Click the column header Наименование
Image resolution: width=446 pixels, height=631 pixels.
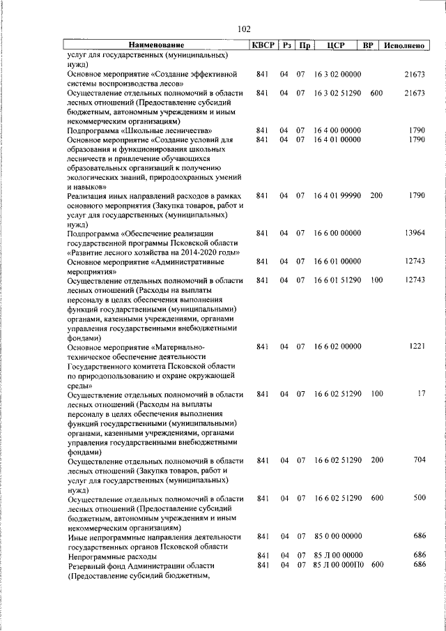tap(157, 46)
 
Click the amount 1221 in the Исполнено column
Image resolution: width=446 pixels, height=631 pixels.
tap(416, 346)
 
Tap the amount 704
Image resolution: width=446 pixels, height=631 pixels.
tap(418, 460)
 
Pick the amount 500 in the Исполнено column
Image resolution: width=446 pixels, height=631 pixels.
tap(418, 498)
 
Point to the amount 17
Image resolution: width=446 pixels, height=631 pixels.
tap(420, 394)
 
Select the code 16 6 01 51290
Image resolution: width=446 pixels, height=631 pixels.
tap(337, 280)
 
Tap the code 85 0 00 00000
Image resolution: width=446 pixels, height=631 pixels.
tap(337, 536)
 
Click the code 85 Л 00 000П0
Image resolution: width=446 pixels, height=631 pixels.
tap(337, 565)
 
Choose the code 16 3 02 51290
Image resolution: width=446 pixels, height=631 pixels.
tap(337, 92)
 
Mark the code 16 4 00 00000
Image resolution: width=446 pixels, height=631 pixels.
tap(337, 130)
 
